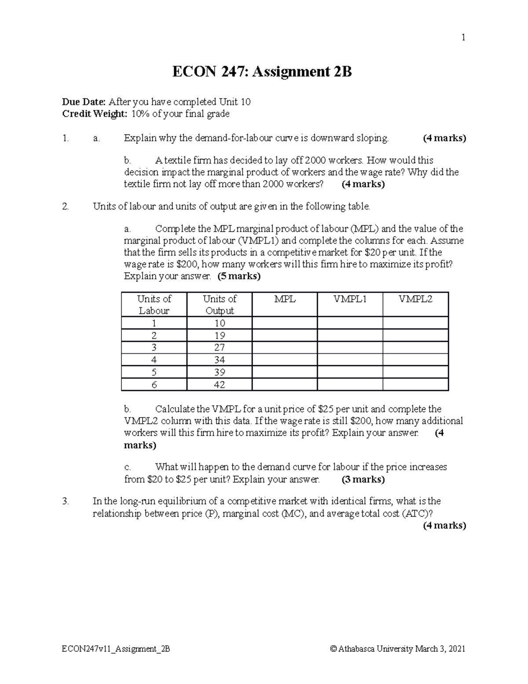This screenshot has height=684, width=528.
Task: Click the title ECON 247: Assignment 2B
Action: pos(262,72)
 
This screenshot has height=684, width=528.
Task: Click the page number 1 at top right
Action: pos(463,38)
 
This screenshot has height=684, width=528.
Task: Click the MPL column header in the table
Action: pos(285,299)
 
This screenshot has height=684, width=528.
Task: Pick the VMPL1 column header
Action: pos(350,299)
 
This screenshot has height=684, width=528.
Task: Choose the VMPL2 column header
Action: pos(415,299)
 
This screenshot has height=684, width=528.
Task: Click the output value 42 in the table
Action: pos(220,385)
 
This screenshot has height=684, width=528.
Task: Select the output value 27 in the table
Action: pos(220,348)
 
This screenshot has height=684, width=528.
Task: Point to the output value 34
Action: pos(220,360)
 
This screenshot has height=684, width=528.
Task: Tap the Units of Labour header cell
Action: pos(154,304)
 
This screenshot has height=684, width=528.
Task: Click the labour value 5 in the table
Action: pos(154,372)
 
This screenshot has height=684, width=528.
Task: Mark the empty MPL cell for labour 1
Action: pos(285,323)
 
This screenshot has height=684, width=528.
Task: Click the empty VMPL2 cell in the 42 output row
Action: pos(415,385)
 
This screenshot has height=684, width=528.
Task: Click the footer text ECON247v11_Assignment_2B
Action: pos(116,649)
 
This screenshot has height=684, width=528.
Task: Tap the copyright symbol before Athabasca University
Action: pos(333,649)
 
